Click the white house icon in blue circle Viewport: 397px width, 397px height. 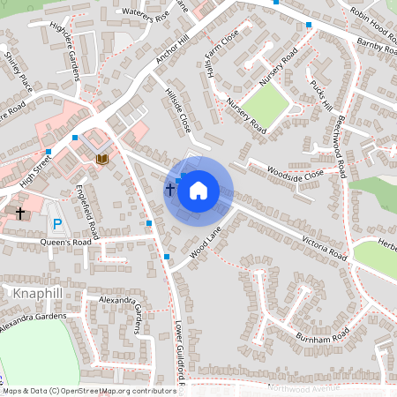coord(198,190)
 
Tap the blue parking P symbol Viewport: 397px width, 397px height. coord(58,225)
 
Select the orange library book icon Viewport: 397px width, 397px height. coord(102,158)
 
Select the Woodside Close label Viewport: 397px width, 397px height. coord(296,172)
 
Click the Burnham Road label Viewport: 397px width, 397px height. coord(323,336)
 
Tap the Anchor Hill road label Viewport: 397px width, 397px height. coord(172,55)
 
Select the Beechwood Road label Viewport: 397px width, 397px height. coord(338,137)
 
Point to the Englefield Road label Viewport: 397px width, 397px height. coord(89,212)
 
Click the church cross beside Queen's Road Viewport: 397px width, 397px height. coord(20,213)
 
